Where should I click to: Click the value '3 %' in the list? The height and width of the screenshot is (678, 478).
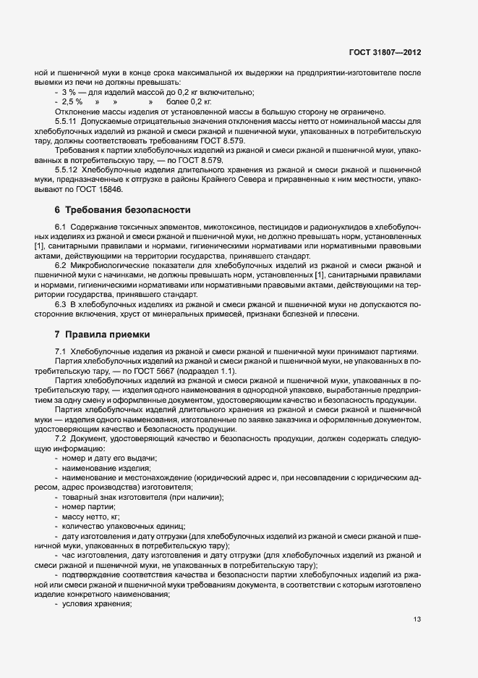coord(69,93)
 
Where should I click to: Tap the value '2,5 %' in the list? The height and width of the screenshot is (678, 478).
coord(72,103)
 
